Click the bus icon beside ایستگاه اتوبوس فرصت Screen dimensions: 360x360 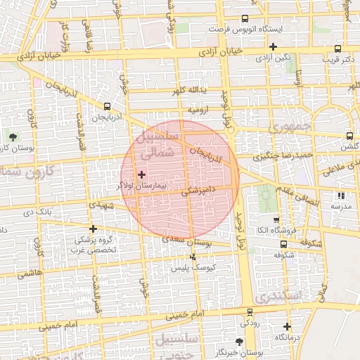pos(245,19)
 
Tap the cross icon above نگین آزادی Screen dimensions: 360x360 pos(273,47)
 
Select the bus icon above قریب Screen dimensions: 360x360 pos(338,49)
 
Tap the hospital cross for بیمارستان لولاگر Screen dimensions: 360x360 pos(141,174)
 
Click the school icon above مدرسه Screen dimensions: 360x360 pos(341,196)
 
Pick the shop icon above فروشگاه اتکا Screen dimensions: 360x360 pos(276,219)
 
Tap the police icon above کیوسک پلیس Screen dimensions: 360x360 pos(193,257)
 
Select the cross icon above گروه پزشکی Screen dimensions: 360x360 pos(93,229)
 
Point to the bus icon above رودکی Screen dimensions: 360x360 pos(249,312)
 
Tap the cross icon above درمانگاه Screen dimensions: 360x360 pos(287,326)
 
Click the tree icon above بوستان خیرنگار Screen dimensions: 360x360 pos(240,341)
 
